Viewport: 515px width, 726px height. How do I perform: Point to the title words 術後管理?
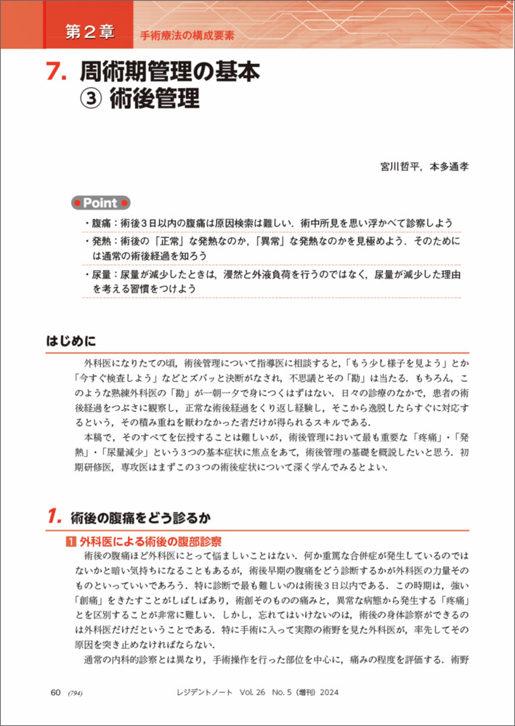154,99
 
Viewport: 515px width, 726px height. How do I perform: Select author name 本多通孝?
449,166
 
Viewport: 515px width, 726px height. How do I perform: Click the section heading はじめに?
71,341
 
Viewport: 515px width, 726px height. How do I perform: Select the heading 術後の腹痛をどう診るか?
140,518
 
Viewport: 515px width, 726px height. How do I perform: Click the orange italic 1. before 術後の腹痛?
54,517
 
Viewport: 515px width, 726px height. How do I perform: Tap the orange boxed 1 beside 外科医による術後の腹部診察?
70,542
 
